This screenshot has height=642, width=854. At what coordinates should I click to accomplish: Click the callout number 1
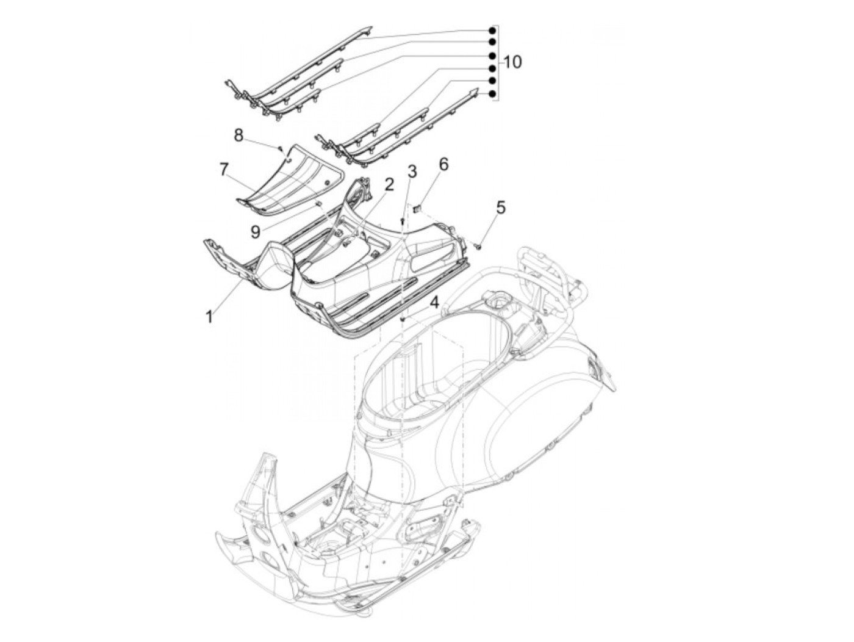click(x=209, y=316)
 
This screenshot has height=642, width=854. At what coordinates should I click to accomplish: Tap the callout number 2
click(x=389, y=184)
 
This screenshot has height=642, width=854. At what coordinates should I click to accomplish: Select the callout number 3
click(x=412, y=171)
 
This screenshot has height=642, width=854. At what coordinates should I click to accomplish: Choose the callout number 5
click(x=500, y=207)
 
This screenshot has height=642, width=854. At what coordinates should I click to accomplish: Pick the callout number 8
click(x=239, y=134)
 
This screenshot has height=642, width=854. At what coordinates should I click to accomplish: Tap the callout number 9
click(x=255, y=231)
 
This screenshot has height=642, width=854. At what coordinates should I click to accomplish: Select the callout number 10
click(x=512, y=62)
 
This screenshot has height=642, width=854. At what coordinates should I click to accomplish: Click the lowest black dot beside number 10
click(x=492, y=93)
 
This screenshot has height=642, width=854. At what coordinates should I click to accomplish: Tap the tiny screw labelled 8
click(x=279, y=148)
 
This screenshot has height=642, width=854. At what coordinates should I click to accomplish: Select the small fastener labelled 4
click(x=403, y=319)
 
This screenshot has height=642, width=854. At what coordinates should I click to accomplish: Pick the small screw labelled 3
click(x=403, y=220)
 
